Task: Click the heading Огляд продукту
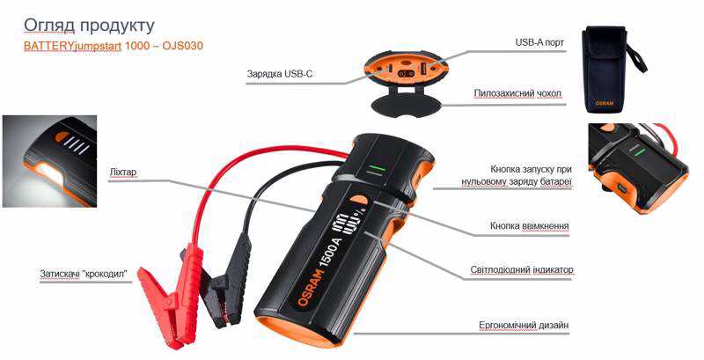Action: (x=89, y=26)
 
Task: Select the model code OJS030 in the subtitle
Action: (x=183, y=46)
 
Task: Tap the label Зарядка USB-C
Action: (x=280, y=74)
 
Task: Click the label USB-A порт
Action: (x=539, y=42)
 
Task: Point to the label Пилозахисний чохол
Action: (x=517, y=93)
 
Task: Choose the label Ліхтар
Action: (x=122, y=173)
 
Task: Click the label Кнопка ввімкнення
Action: (x=530, y=226)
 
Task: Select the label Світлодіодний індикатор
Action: (x=522, y=270)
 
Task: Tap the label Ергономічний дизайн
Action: (x=524, y=325)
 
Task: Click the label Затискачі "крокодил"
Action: (x=84, y=274)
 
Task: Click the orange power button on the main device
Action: (x=358, y=199)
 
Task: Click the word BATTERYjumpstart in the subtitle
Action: (x=72, y=46)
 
